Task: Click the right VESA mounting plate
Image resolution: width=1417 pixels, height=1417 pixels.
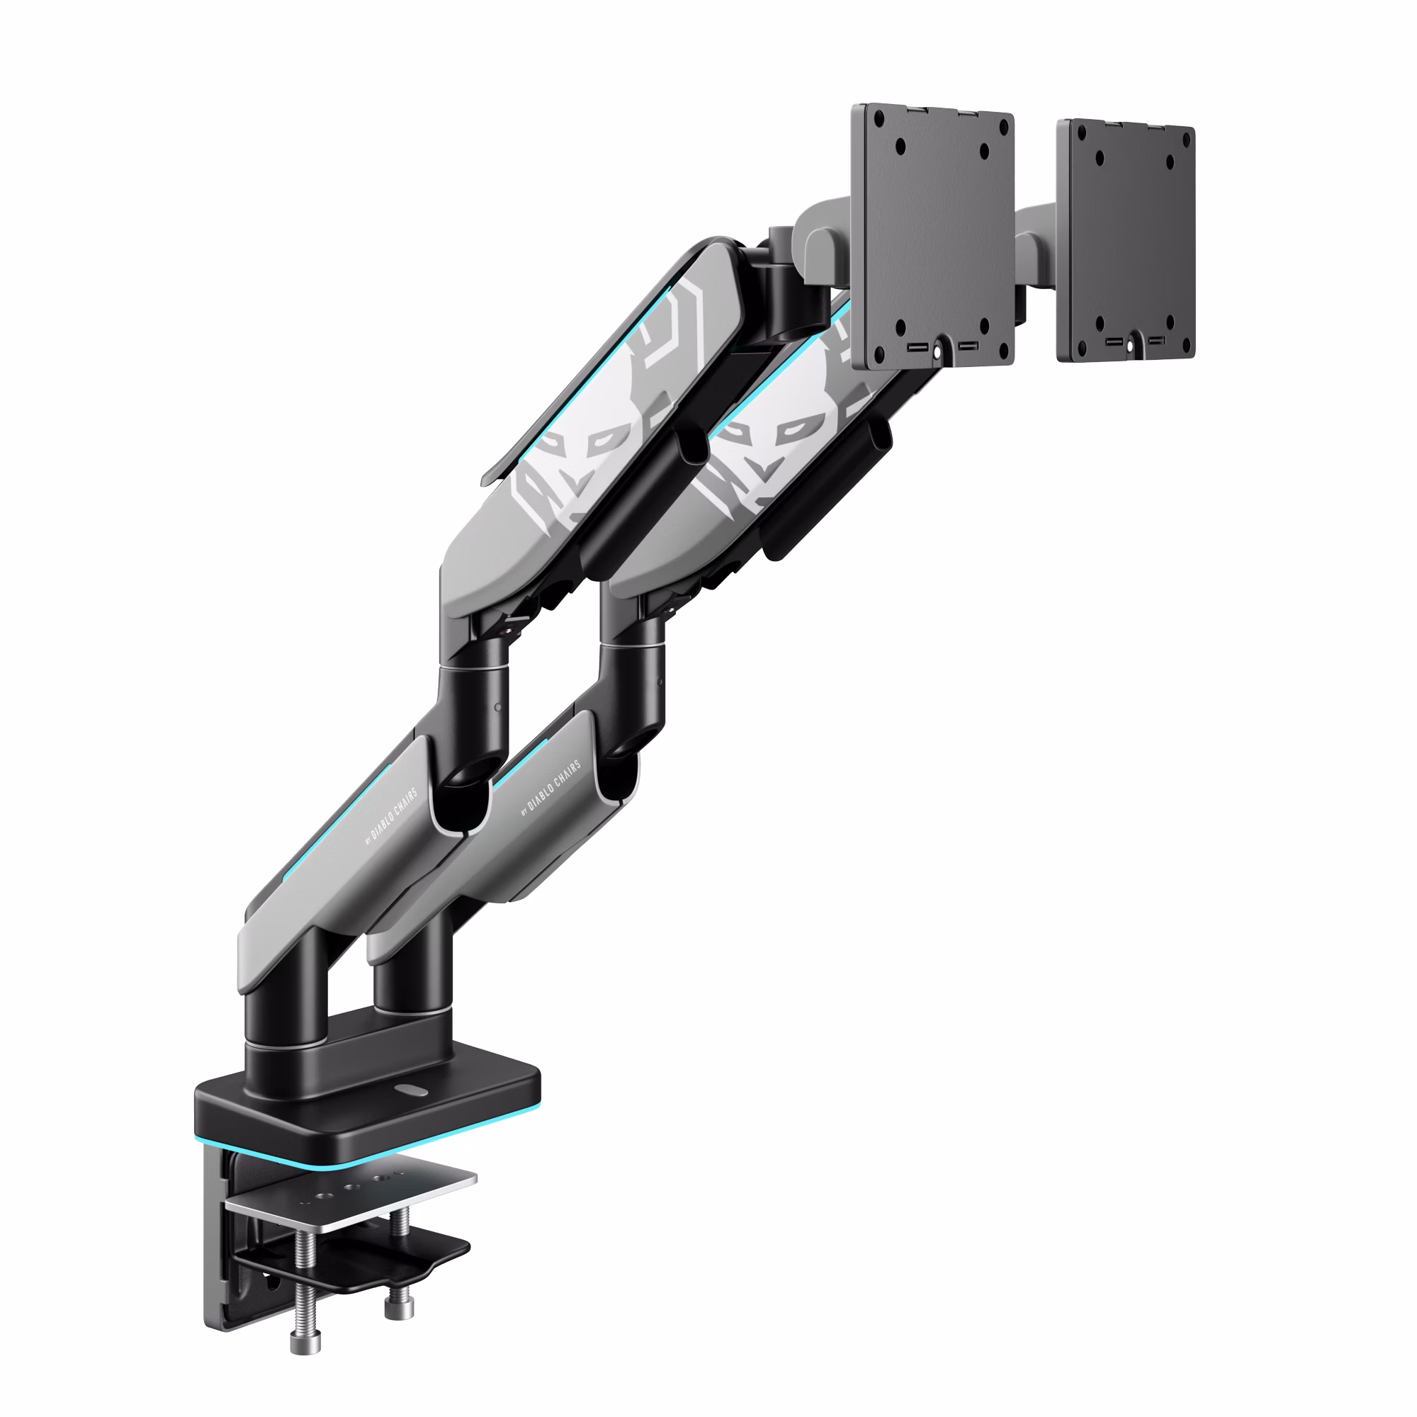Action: (1126, 242)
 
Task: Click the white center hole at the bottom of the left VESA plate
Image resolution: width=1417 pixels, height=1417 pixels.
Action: (937, 351)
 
